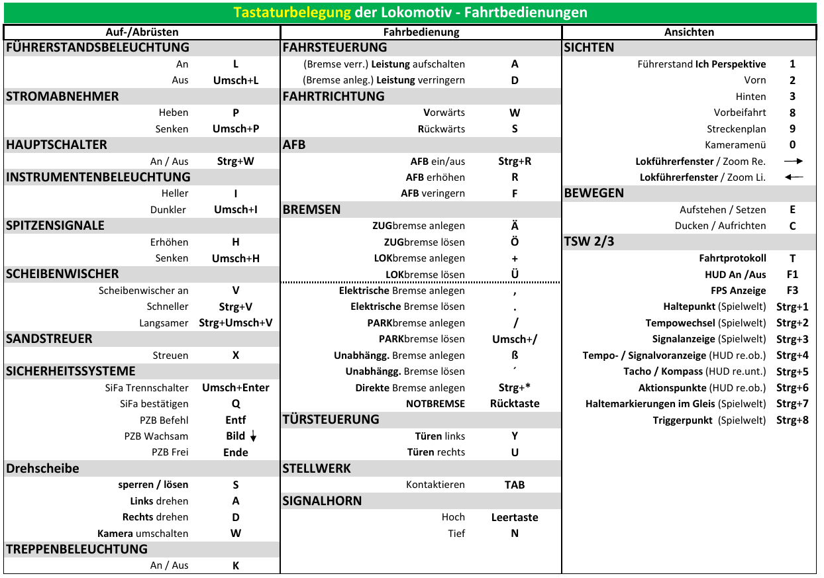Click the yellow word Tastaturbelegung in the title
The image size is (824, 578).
pos(291,13)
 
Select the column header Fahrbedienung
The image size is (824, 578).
pos(421,32)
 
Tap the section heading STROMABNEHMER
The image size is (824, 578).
pos(62,97)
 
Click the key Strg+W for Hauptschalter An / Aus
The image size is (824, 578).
pos(236,161)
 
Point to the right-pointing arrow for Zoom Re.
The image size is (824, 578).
pos(793,161)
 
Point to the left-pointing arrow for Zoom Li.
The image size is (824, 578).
pos(793,177)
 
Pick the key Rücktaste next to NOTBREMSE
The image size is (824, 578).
pos(515,403)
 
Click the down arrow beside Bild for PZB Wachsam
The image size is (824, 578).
pos(253,436)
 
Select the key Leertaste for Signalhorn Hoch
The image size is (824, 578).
pos(515,517)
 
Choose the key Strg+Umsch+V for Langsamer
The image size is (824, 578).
pos(236,323)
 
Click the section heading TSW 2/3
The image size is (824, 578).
pos(590,242)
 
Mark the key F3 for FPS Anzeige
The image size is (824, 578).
pos(792,290)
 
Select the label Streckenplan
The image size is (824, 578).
pos(736,129)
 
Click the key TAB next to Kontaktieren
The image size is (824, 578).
pos(515,485)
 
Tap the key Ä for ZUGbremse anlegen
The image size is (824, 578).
pos(515,226)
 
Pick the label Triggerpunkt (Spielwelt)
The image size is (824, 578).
pos(709,420)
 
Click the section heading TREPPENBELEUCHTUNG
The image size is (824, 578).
pos(77,550)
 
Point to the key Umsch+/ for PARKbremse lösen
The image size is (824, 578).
pos(515,339)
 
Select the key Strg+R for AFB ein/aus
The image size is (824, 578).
pos(515,161)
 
